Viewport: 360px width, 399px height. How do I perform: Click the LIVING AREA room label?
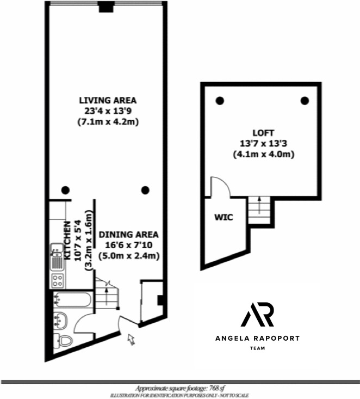(108, 101)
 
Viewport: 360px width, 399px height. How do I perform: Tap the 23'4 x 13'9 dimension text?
(108, 111)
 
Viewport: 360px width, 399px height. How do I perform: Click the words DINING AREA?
(129, 235)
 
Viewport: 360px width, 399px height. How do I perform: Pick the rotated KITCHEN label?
(68, 240)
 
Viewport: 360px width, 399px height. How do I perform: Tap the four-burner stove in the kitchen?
(57, 281)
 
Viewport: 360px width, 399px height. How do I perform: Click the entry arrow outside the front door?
(131, 339)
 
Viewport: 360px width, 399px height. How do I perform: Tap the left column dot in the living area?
(65, 190)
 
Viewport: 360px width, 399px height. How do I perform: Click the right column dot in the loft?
(305, 100)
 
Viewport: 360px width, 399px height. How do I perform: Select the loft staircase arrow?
(259, 205)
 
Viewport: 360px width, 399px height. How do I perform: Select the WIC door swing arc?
(222, 186)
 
